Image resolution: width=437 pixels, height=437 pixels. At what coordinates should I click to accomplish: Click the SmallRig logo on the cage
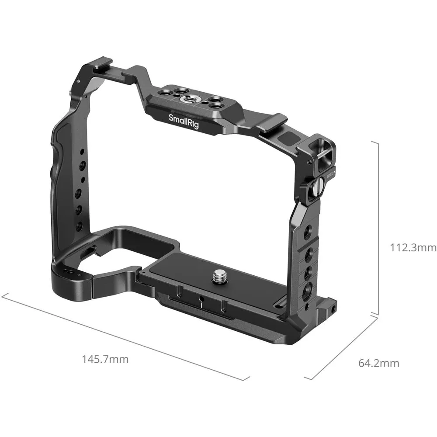tap(184, 121)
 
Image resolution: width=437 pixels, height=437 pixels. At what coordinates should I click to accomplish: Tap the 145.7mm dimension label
tap(105, 359)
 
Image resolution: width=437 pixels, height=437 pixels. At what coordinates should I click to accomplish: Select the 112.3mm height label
tap(413, 247)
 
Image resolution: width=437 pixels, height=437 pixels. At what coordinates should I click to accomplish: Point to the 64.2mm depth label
tap(379, 363)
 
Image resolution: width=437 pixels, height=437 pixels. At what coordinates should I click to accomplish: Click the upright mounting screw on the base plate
tap(218, 278)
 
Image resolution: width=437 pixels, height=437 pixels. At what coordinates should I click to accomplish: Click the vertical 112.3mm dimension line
tap(378, 228)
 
